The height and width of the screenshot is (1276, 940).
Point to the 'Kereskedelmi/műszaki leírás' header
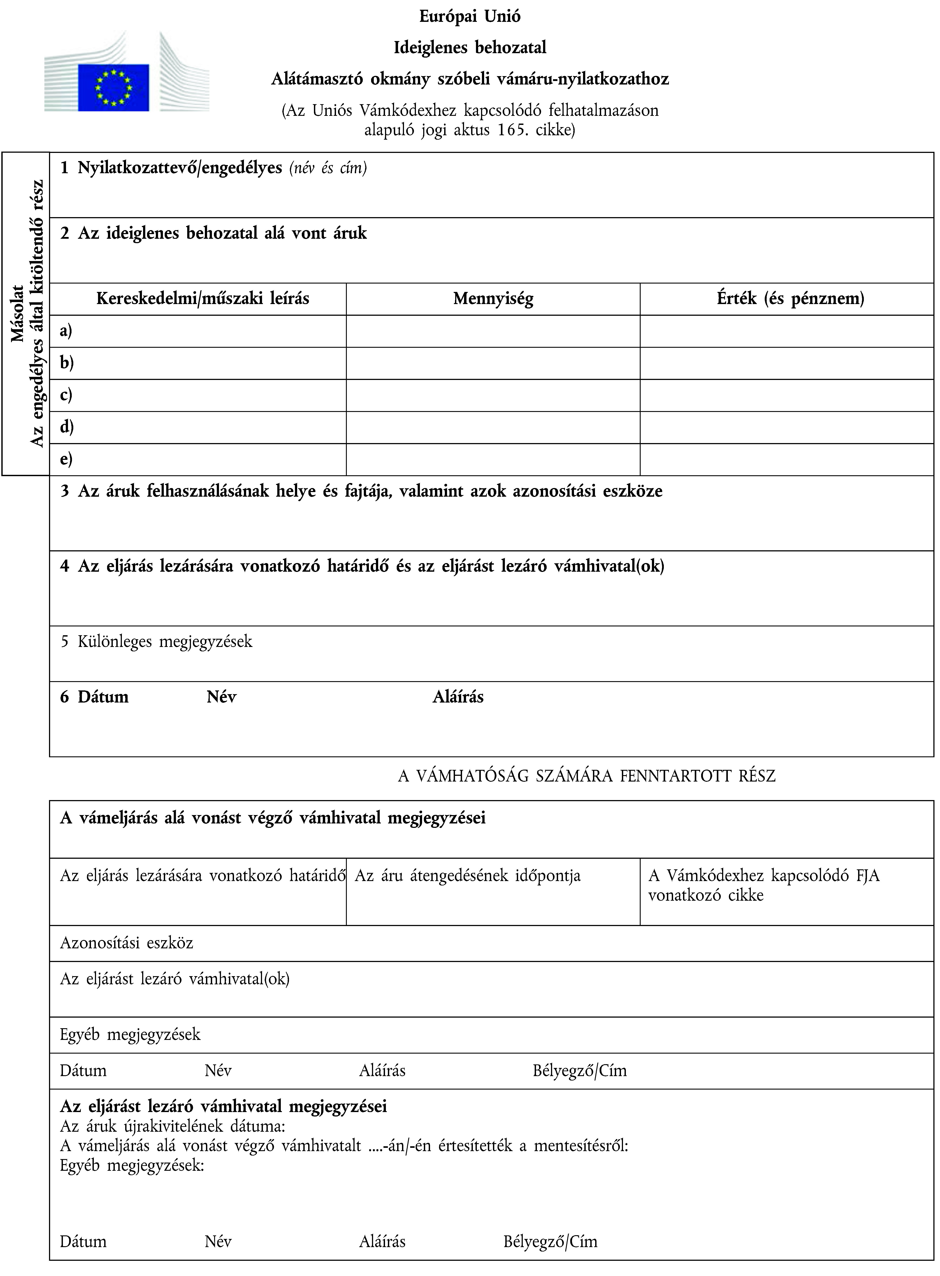tap(203, 299)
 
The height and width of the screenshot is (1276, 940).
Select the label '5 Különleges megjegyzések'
tap(157, 641)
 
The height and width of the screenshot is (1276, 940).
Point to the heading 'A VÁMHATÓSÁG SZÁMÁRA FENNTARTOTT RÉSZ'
tap(586, 776)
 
